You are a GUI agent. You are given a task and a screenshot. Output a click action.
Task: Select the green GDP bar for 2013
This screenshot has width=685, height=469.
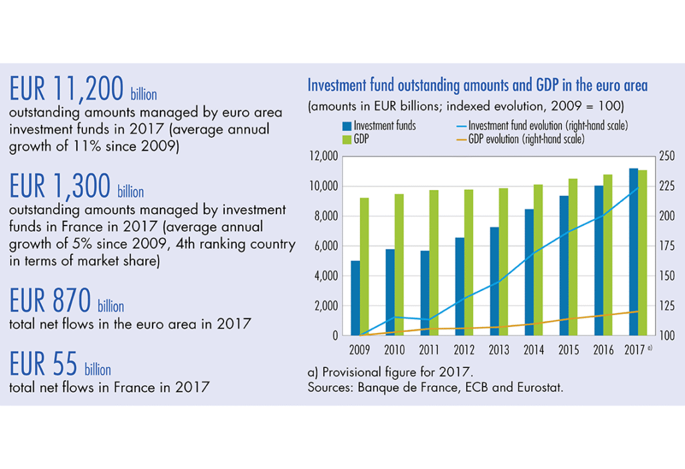(x=502, y=262)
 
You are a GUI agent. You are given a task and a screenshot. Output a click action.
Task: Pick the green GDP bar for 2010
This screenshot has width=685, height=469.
(x=399, y=264)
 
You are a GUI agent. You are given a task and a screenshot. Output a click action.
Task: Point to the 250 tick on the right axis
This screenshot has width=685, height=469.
(x=667, y=157)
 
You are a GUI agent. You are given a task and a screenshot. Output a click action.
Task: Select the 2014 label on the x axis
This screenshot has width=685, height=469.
(x=533, y=350)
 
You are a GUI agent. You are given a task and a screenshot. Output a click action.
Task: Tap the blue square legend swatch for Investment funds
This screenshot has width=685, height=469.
(x=347, y=126)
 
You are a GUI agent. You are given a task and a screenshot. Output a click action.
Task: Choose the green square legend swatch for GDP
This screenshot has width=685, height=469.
(x=347, y=139)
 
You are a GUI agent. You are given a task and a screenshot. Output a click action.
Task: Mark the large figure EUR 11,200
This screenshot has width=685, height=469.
(x=67, y=89)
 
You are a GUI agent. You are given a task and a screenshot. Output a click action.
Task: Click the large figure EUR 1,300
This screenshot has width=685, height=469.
(x=60, y=187)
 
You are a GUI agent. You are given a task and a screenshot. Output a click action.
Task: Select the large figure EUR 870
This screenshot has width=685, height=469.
(x=50, y=301)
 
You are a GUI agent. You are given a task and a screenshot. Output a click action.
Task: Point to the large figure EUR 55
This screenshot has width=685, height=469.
(x=43, y=364)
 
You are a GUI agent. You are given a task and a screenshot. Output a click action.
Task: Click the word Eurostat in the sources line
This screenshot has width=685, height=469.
(x=539, y=387)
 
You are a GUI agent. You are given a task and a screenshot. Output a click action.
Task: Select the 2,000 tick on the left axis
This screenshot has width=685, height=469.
(x=323, y=306)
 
